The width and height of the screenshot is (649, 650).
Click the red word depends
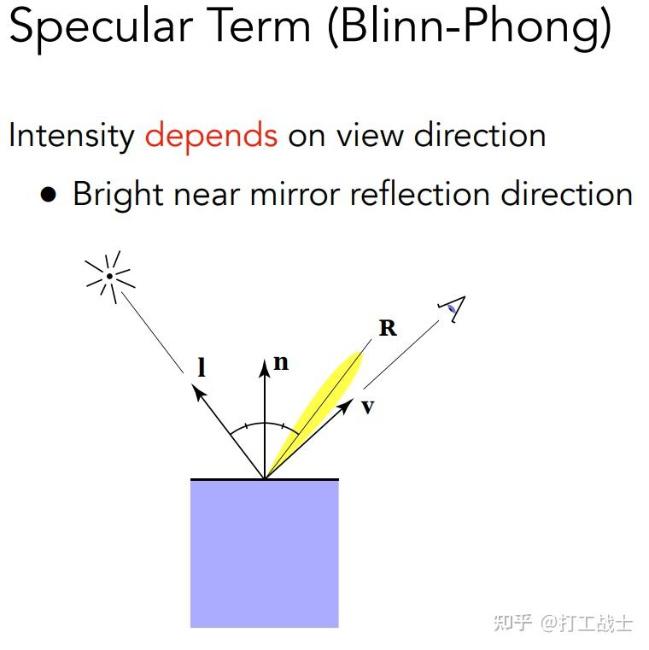point(211,137)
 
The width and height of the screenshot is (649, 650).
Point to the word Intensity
point(71,136)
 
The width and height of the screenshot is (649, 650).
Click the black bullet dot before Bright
point(49,195)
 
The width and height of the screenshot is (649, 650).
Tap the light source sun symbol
point(110,275)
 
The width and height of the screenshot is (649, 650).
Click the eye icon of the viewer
point(452,309)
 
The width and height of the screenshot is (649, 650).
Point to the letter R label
point(388,328)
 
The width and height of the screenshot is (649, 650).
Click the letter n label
point(280,363)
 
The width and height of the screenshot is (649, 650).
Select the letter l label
point(202,367)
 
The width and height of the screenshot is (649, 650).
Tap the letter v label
point(367,407)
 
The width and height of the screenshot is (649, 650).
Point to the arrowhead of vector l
point(198,392)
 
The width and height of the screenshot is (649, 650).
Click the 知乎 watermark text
point(512,622)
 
